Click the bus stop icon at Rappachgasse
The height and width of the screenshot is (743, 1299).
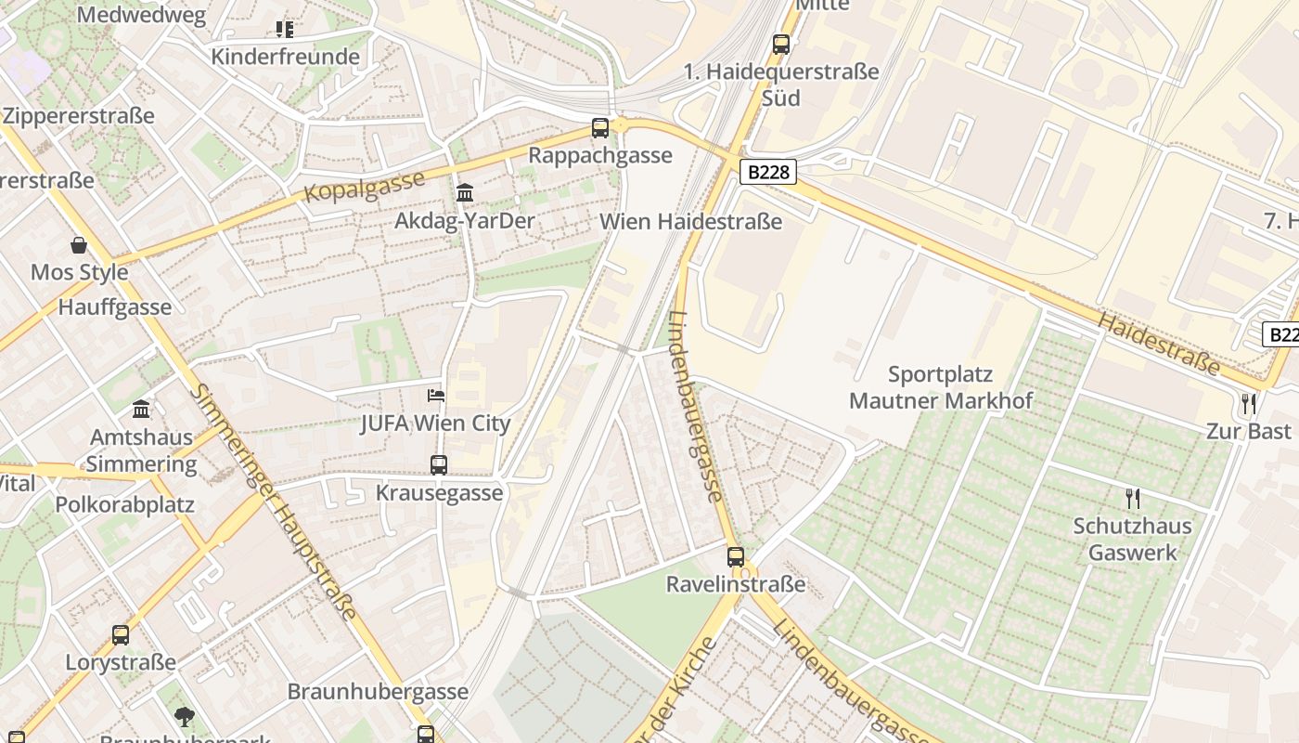click(x=600, y=128)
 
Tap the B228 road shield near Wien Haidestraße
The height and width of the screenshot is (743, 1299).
click(x=769, y=172)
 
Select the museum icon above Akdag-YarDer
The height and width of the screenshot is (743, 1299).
click(x=465, y=193)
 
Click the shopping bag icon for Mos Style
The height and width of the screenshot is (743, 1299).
click(x=79, y=246)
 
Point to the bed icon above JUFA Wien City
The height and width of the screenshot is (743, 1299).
click(x=436, y=395)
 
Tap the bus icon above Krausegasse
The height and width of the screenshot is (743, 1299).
click(x=439, y=464)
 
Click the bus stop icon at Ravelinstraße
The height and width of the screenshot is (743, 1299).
click(x=736, y=557)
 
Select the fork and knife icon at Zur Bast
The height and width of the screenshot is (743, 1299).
click(x=1249, y=404)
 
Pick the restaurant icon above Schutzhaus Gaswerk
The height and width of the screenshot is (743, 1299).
click(x=1133, y=499)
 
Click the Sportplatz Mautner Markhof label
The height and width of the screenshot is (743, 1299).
click(x=940, y=388)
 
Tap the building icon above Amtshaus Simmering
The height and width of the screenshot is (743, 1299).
click(x=141, y=409)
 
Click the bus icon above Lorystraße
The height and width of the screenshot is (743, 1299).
click(x=121, y=635)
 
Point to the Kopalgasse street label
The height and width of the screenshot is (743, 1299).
click(x=364, y=187)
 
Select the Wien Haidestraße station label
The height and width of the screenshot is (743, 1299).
click(x=690, y=222)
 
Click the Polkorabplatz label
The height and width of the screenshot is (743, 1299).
click(x=124, y=505)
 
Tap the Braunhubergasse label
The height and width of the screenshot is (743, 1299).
click(x=378, y=692)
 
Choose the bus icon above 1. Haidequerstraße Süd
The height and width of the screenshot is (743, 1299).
click(x=781, y=44)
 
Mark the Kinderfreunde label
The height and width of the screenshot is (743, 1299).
click(x=285, y=57)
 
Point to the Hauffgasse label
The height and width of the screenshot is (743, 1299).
click(x=114, y=307)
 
